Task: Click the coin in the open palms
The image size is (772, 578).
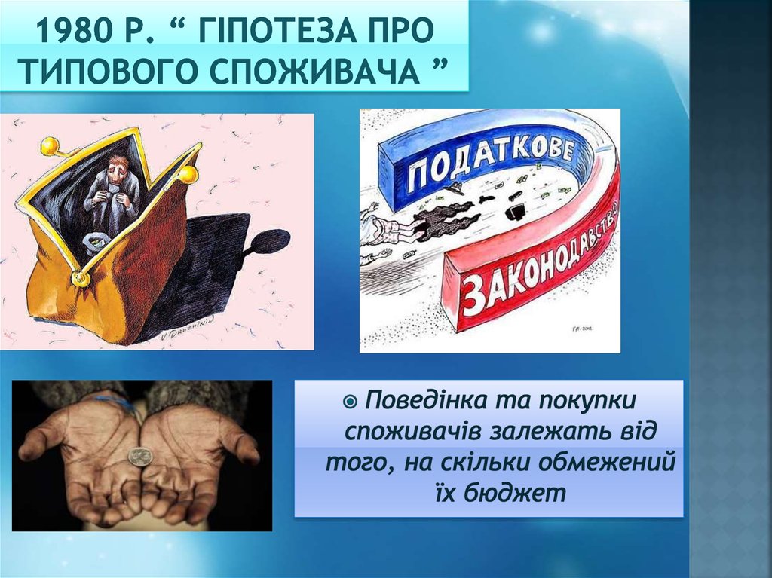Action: (139, 456)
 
